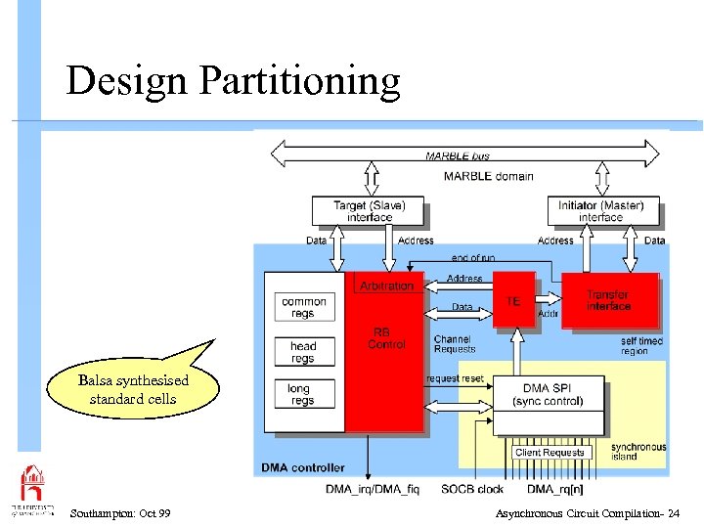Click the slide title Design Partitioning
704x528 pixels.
(233, 81)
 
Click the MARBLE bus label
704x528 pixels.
(458, 154)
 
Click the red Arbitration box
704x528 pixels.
(386, 286)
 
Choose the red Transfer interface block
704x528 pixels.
(609, 300)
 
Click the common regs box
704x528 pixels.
(304, 307)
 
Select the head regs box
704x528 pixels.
(304, 351)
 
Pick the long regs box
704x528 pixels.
(304, 395)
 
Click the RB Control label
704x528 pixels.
(386, 338)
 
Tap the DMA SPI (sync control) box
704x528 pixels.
(548, 394)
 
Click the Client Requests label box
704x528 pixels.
(549, 453)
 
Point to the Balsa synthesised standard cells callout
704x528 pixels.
(134, 388)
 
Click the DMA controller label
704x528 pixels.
(303, 467)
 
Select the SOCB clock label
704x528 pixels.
(473, 488)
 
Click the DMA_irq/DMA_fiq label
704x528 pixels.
(373, 488)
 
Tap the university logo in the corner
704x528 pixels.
(32, 489)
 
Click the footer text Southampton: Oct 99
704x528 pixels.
(120, 513)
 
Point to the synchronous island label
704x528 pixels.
(638, 452)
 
